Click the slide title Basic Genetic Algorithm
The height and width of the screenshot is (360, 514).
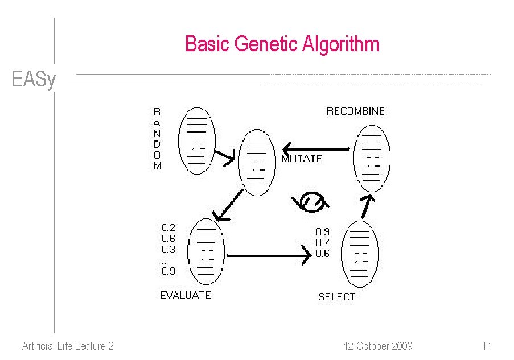pos(282,44)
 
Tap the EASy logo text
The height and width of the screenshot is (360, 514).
pos(34,80)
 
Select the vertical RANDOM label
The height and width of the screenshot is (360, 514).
pos(157,139)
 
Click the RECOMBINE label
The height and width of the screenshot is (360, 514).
pos(355,111)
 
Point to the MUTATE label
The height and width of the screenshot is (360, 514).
pos(302,159)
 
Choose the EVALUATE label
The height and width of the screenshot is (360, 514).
pos(186,295)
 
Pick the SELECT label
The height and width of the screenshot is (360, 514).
pos(336,296)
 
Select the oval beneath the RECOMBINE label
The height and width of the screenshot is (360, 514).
pos(372,158)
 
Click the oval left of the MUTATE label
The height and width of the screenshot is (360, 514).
pos(257,162)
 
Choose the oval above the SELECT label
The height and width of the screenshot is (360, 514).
pos(360,254)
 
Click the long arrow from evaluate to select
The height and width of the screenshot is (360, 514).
pos(268,256)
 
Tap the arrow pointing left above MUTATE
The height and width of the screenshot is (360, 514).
pos(316,149)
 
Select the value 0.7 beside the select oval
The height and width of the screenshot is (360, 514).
pos(322,243)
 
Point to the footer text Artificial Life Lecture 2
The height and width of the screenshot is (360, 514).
pos(68,346)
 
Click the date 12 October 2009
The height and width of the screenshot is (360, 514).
pos(378,346)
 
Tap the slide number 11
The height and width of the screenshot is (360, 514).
pos(486,346)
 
